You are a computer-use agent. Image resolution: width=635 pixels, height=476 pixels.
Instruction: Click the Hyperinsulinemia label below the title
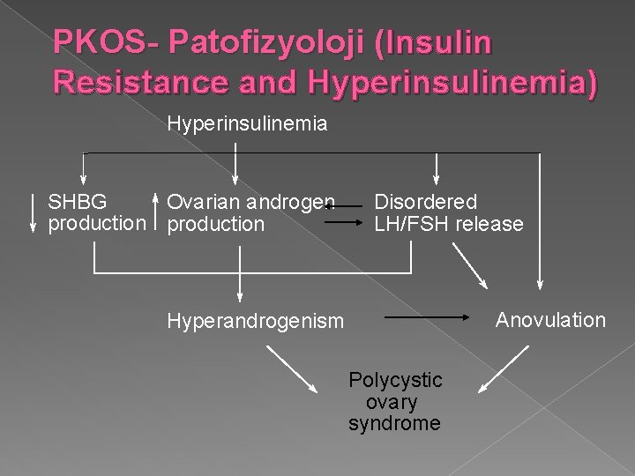pos(248,124)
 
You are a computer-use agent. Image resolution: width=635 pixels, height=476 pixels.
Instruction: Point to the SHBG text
pos(78,202)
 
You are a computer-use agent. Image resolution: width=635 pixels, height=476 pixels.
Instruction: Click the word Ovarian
pos(203,202)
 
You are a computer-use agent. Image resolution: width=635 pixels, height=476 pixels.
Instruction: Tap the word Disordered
pos(426,202)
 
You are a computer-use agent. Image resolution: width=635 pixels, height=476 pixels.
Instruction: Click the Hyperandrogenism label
pos(256,322)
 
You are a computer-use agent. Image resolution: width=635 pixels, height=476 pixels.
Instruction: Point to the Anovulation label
pos(551,319)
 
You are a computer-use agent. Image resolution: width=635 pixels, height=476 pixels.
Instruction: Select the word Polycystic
pos(396,380)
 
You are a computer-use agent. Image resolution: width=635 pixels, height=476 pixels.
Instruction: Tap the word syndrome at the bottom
pos(394,423)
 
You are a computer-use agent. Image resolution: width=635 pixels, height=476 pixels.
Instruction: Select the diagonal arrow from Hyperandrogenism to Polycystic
pos(292,368)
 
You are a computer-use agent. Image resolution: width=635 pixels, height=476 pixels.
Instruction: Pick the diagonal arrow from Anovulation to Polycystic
pos(498,367)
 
